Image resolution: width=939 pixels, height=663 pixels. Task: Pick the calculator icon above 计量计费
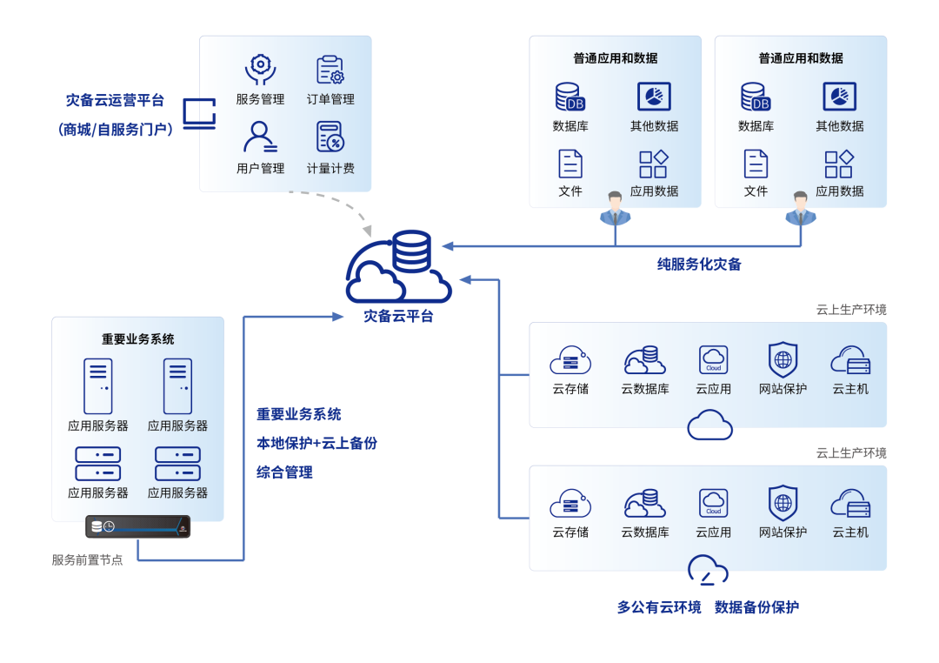click(330, 137)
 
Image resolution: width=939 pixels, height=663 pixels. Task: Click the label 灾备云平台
click(398, 316)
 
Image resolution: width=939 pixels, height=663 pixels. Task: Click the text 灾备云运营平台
click(115, 100)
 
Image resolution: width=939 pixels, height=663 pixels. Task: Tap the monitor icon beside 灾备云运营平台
click(199, 114)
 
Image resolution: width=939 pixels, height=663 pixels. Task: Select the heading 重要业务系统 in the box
click(137, 338)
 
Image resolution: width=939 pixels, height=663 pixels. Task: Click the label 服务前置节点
click(87, 560)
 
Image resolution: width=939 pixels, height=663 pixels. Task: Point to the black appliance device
click(138, 526)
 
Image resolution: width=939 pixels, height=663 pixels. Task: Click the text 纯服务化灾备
click(699, 264)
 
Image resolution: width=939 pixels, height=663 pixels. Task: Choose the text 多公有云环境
click(659, 607)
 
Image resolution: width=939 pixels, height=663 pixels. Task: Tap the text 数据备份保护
click(756, 607)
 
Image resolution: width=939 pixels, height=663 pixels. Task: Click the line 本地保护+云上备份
click(316, 443)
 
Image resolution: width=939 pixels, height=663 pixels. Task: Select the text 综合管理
click(284, 472)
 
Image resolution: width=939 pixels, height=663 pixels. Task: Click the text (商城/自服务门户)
click(116, 129)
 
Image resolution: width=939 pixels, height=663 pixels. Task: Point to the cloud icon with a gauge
click(708, 569)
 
